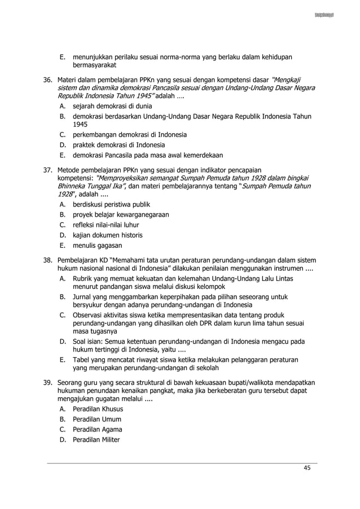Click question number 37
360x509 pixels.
point(49,168)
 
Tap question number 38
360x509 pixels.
point(49,260)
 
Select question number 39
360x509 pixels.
point(49,383)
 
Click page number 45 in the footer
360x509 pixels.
point(307,467)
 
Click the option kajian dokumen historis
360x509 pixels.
point(107,235)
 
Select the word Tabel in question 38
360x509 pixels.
point(82,359)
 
